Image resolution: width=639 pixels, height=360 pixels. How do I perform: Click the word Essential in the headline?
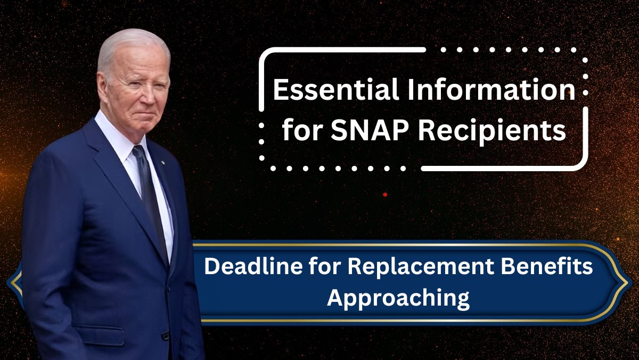[335, 90]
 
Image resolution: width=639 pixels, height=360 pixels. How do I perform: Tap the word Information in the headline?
[491, 90]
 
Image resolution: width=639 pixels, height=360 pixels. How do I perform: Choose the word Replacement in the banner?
[421, 268]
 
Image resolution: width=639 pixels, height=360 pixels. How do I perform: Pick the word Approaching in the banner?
[398, 299]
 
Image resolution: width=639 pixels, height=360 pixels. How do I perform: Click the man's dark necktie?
[149, 194]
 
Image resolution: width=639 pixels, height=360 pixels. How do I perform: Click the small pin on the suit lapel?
[162, 162]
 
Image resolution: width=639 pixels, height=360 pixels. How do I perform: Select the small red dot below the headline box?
[385, 195]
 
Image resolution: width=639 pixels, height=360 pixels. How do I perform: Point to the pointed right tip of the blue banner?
[628, 283]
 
